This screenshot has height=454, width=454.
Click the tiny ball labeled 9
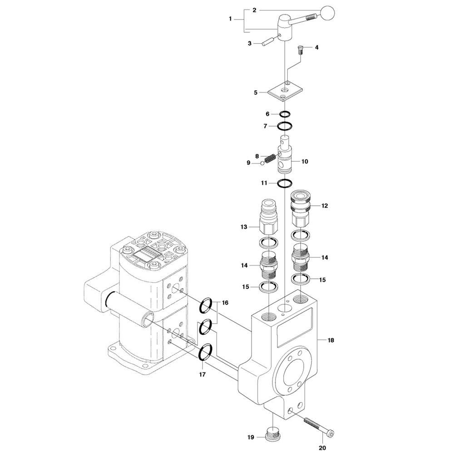263,163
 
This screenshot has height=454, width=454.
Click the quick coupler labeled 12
301,208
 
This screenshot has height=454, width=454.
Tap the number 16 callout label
225,303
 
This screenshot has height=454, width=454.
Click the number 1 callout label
231,19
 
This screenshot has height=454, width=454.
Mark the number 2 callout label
255,10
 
